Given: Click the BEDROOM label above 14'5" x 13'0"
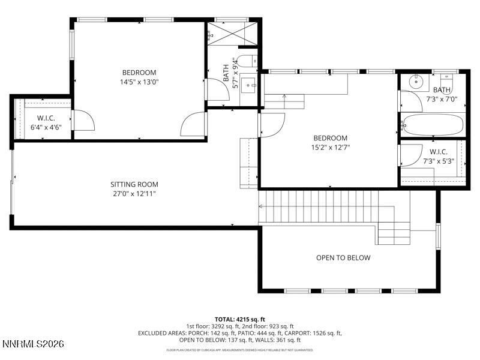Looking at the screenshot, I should (139, 73).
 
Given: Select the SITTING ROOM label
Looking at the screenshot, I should (134, 184).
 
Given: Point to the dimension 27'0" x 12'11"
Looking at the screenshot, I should (134, 193).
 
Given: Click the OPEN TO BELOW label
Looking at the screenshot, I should (343, 258).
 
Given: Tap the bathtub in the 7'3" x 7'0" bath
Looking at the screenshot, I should (433, 125).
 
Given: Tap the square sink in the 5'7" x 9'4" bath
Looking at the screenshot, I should (251, 82).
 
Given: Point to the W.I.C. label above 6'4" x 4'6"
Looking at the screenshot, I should (46, 118).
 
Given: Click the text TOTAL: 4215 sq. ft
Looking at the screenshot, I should (240, 319).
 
